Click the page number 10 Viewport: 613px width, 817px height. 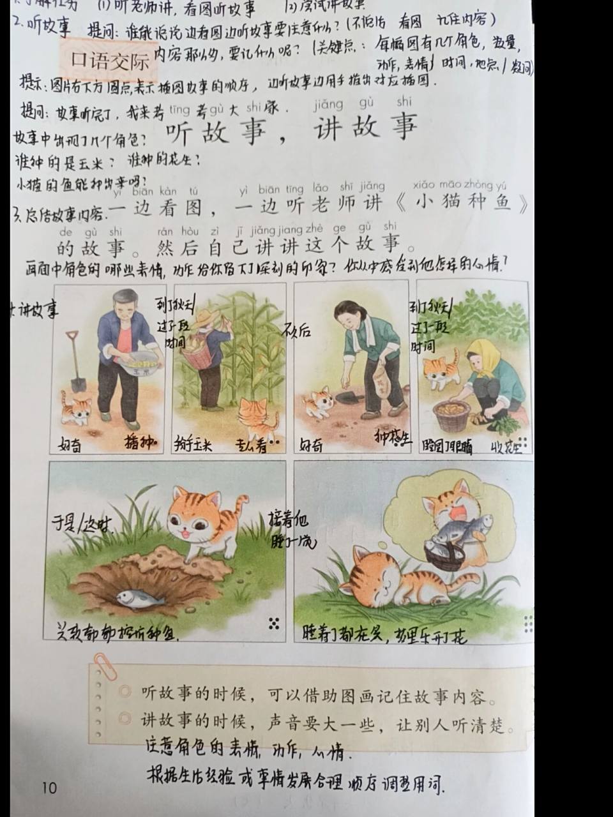pyautogui.click(x=49, y=787)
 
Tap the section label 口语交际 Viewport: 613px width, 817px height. pyautogui.click(x=110, y=61)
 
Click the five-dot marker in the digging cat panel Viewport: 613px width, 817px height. pyautogui.click(x=275, y=624)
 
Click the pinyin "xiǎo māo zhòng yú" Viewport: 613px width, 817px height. pyautogui.click(x=459, y=185)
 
